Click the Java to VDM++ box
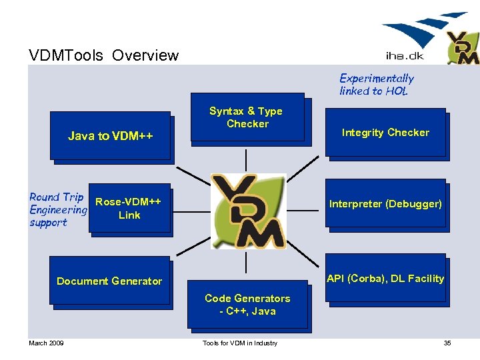point(111,136)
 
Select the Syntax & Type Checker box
point(247,117)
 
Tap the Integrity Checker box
point(385,133)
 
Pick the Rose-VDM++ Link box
point(129,208)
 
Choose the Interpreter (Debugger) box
point(385,204)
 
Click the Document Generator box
point(109,281)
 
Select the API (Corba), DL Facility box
point(385,278)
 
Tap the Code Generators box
point(247,305)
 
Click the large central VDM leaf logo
point(248,211)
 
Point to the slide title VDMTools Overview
point(103,55)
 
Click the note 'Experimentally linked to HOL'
point(376,85)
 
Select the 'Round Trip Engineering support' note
point(57,209)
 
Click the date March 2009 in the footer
point(46,343)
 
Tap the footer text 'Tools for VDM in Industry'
point(239,343)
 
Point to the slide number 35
point(447,343)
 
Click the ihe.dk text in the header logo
point(405,55)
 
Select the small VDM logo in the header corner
point(462,47)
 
